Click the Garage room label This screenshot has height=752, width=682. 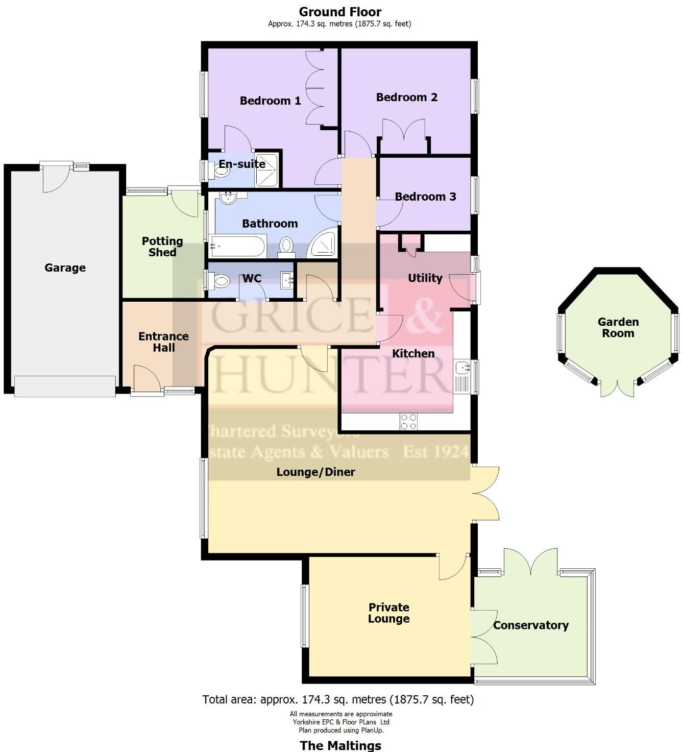pyautogui.click(x=65, y=268)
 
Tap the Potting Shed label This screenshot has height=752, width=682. pyautogui.click(x=162, y=247)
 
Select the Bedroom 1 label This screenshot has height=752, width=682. pyautogui.click(x=270, y=101)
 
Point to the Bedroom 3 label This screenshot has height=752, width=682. pyautogui.click(x=425, y=197)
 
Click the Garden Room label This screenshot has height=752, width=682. pyautogui.click(x=618, y=327)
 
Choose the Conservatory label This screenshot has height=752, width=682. pyautogui.click(x=530, y=625)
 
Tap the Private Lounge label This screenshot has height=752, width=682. pyautogui.click(x=389, y=613)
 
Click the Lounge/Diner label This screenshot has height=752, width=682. pyautogui.click(x=315, y=472)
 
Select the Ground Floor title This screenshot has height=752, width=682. pyautogui.click(x=340, y=11)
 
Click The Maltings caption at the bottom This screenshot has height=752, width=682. pyautogui.click(x=340, y=745)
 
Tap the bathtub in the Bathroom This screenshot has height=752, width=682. pyautogui.click(x=238, y=247)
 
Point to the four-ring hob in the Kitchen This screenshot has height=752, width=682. pyautogui.click(x=409, y=422)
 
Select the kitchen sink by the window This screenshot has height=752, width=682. pyautogui.click(x=462, y=367)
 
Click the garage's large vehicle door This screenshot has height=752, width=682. pyautogui.click(x=65, y=386)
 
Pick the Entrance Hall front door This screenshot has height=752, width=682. pyautogui.click(x=147, y=380)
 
